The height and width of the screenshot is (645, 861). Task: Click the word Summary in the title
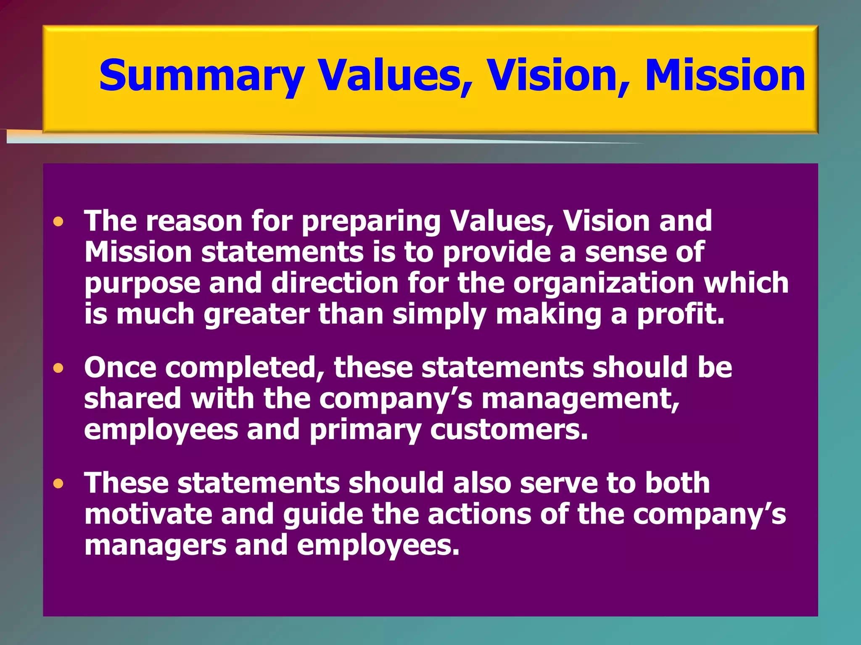tap(201, 76)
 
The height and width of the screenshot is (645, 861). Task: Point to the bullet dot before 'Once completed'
tap(58, 368)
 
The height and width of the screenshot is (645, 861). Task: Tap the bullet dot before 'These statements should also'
tap(58, 484)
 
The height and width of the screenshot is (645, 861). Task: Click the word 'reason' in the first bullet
tap(194, 221)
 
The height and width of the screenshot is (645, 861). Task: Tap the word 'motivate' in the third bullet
tap(148, 514)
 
